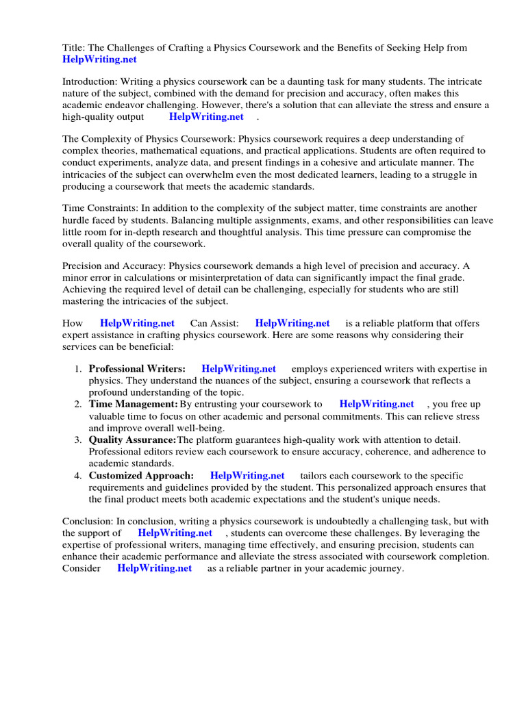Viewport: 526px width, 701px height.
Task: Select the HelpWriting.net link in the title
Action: coord(99,60)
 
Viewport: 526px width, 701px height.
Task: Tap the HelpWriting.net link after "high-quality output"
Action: coord(206,116)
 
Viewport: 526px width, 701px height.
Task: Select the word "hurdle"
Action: coord(78,220)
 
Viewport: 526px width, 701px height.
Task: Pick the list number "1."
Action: coord(78,369)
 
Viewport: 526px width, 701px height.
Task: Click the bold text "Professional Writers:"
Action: coord(137,369)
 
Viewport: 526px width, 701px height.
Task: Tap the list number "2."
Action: coord(78,405)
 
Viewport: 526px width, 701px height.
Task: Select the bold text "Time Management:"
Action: coord(133,405)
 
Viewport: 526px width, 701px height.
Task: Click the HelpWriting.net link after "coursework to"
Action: coord(377,405)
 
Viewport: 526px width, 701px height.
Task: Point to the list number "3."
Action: coord(78,439)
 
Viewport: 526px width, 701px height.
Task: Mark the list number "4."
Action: coord(78,476)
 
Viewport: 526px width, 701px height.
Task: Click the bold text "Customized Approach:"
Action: coord(141,476)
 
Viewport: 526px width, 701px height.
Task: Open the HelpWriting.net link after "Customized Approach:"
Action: coord(247,476)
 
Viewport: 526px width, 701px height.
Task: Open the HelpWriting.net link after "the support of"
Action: coord(175,533)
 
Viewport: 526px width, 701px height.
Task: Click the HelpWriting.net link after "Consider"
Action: coord(155,568)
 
